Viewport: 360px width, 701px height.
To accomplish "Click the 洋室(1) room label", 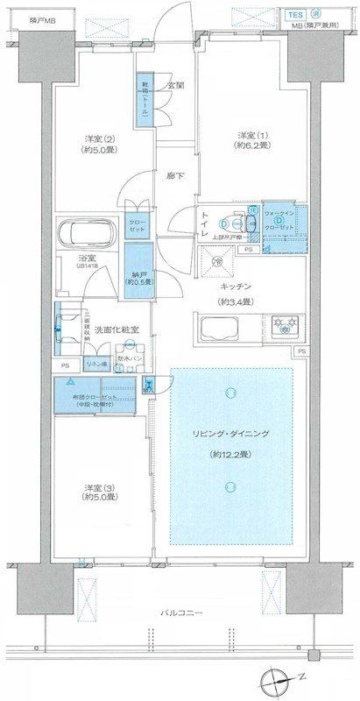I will tap(253, 134).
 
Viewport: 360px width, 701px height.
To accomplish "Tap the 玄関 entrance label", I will tap(175, 85).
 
